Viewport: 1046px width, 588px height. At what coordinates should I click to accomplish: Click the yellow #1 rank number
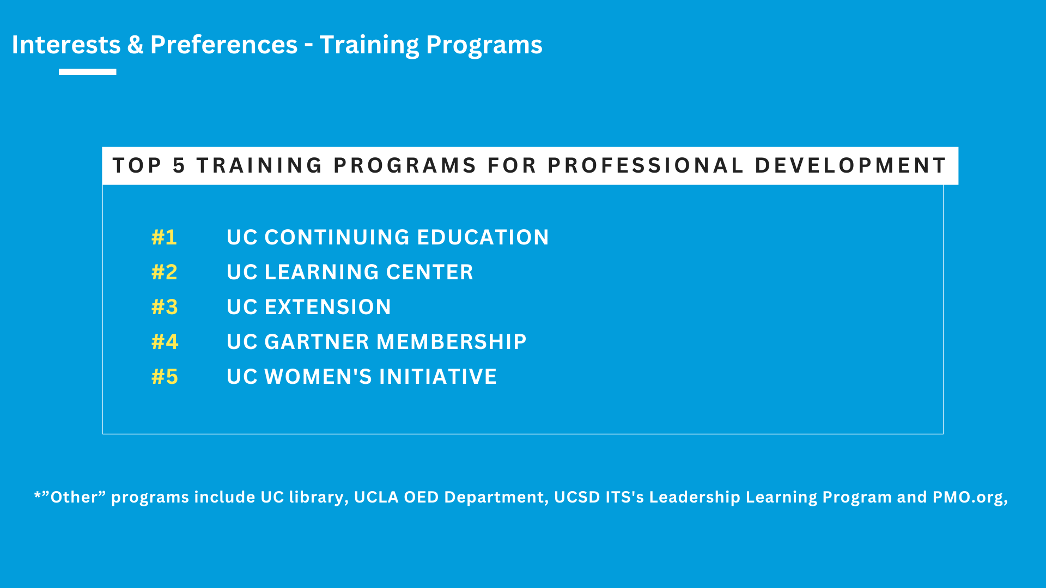pyautogui.click(x=164, y=237)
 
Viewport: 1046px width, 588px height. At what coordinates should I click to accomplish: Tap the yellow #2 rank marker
pyautogui.click(x=165, y=272)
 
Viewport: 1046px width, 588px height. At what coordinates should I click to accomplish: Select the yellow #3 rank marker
pyautogui.click(x=165, y=307)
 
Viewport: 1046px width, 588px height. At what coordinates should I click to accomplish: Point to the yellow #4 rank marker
pyautogui.click(x=165, y=342)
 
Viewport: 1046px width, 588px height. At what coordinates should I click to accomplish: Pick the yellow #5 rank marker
pyautogui.click(x=165, y=377)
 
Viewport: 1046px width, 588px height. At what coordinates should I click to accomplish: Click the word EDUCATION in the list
pyautogui.click(x=483, y=237)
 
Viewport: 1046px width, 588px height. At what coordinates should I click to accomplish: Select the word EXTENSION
pyautogui.click(x=327, y=307)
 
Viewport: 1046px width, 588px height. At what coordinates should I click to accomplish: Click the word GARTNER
pyautogui.click(x=317, y=342)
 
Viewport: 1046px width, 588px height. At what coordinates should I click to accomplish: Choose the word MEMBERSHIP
pyautogui.click(x=452, y=342)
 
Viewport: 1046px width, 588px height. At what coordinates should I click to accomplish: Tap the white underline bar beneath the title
pyautogui.click(x=88, y=72)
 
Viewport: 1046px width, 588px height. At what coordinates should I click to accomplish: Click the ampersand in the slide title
pyautogui.click(x=135, y=45)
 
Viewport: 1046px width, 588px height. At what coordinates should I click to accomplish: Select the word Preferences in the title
pyautogui.click(x=224, y=45)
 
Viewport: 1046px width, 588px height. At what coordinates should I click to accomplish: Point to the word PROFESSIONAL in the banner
pyautogui.click(x=646, y=166)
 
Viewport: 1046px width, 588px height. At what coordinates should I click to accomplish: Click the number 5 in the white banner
pyautogui.click(x=179, y=166)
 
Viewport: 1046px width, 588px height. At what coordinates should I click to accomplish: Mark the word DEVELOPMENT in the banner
pyautogui.click(x=850, y=166)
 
